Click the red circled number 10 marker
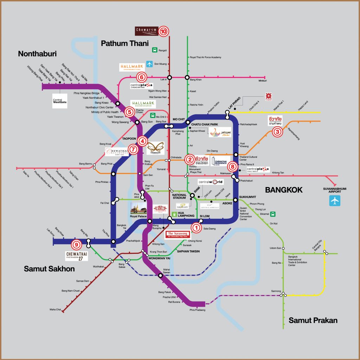[x=163, y=31]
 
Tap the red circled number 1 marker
[x=196, y=228]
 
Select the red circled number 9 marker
[x=76, y=244]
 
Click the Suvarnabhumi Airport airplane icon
[x=335, y=201]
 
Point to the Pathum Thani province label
[x=125, y=43]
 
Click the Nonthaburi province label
[x=37, y=54]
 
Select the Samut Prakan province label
[x=313, y=320]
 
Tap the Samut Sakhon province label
[x=49, y=269]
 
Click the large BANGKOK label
[x=284, y=190]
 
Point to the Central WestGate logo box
[x=59, y=101]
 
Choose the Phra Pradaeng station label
[x=197, y=310]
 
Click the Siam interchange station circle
[x=192, y=195]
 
